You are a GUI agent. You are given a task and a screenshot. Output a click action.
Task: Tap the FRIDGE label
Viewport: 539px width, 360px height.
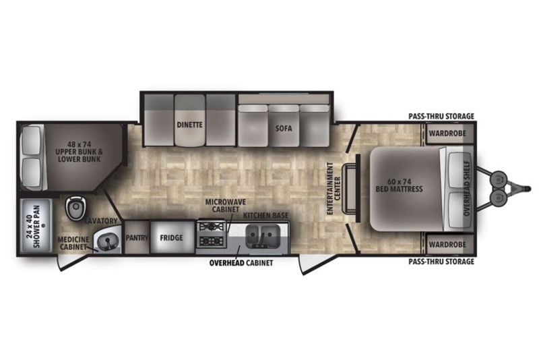coord(171,237)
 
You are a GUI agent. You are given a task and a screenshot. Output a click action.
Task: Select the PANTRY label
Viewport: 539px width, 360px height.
coord(137,237)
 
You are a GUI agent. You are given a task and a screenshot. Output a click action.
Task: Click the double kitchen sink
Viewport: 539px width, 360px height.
coord(262,237)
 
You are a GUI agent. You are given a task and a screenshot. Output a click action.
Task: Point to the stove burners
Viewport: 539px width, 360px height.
coord(212,234)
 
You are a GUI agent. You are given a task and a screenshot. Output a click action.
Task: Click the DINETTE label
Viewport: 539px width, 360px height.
coord(190,125)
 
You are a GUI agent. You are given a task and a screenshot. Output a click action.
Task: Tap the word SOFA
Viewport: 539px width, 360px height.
coord(284,128)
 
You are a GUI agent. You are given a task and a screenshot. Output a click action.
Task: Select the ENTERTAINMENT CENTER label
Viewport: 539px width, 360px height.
coord(334,188)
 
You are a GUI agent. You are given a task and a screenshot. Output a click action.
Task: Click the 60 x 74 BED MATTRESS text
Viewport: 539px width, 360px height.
coord(399,185)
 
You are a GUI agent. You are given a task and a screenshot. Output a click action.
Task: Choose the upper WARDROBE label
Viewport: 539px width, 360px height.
coord(447,133)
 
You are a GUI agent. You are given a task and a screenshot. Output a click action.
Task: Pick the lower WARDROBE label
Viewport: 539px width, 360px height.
coord(447,245)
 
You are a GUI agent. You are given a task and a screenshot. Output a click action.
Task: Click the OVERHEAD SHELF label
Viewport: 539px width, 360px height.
coord(467,188)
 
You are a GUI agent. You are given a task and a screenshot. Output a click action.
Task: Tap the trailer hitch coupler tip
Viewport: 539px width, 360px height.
coord(529,188)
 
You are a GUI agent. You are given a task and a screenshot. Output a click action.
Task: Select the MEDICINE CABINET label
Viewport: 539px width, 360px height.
coord(73,243)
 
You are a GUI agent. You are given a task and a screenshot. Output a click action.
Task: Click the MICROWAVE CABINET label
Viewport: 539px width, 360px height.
coord(226,206)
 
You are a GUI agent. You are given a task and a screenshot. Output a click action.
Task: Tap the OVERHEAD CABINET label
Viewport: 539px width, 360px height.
coord(241,263)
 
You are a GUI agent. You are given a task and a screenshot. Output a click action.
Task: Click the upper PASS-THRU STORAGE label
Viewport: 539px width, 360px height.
coord(441,116)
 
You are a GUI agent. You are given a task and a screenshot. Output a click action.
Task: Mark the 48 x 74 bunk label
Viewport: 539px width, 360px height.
coord(80,152)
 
